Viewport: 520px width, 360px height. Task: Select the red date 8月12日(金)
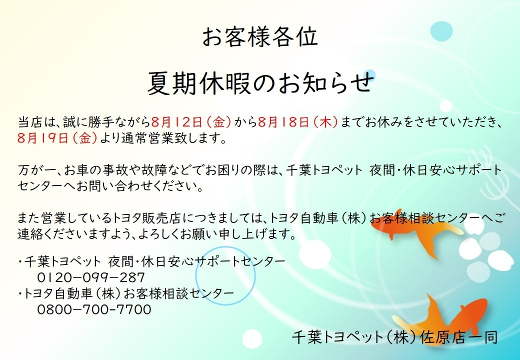191,122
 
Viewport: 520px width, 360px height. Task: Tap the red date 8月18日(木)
298,122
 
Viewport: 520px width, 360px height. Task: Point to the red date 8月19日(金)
57,138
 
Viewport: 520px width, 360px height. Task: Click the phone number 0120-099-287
91,277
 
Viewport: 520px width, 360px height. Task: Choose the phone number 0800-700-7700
94,309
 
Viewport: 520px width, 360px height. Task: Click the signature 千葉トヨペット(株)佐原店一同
395,337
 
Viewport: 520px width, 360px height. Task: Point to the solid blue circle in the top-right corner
441,31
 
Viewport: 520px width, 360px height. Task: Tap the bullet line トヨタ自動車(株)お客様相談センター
126,293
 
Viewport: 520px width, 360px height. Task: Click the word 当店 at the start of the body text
29,122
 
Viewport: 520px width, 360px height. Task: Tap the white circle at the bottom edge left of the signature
252,339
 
